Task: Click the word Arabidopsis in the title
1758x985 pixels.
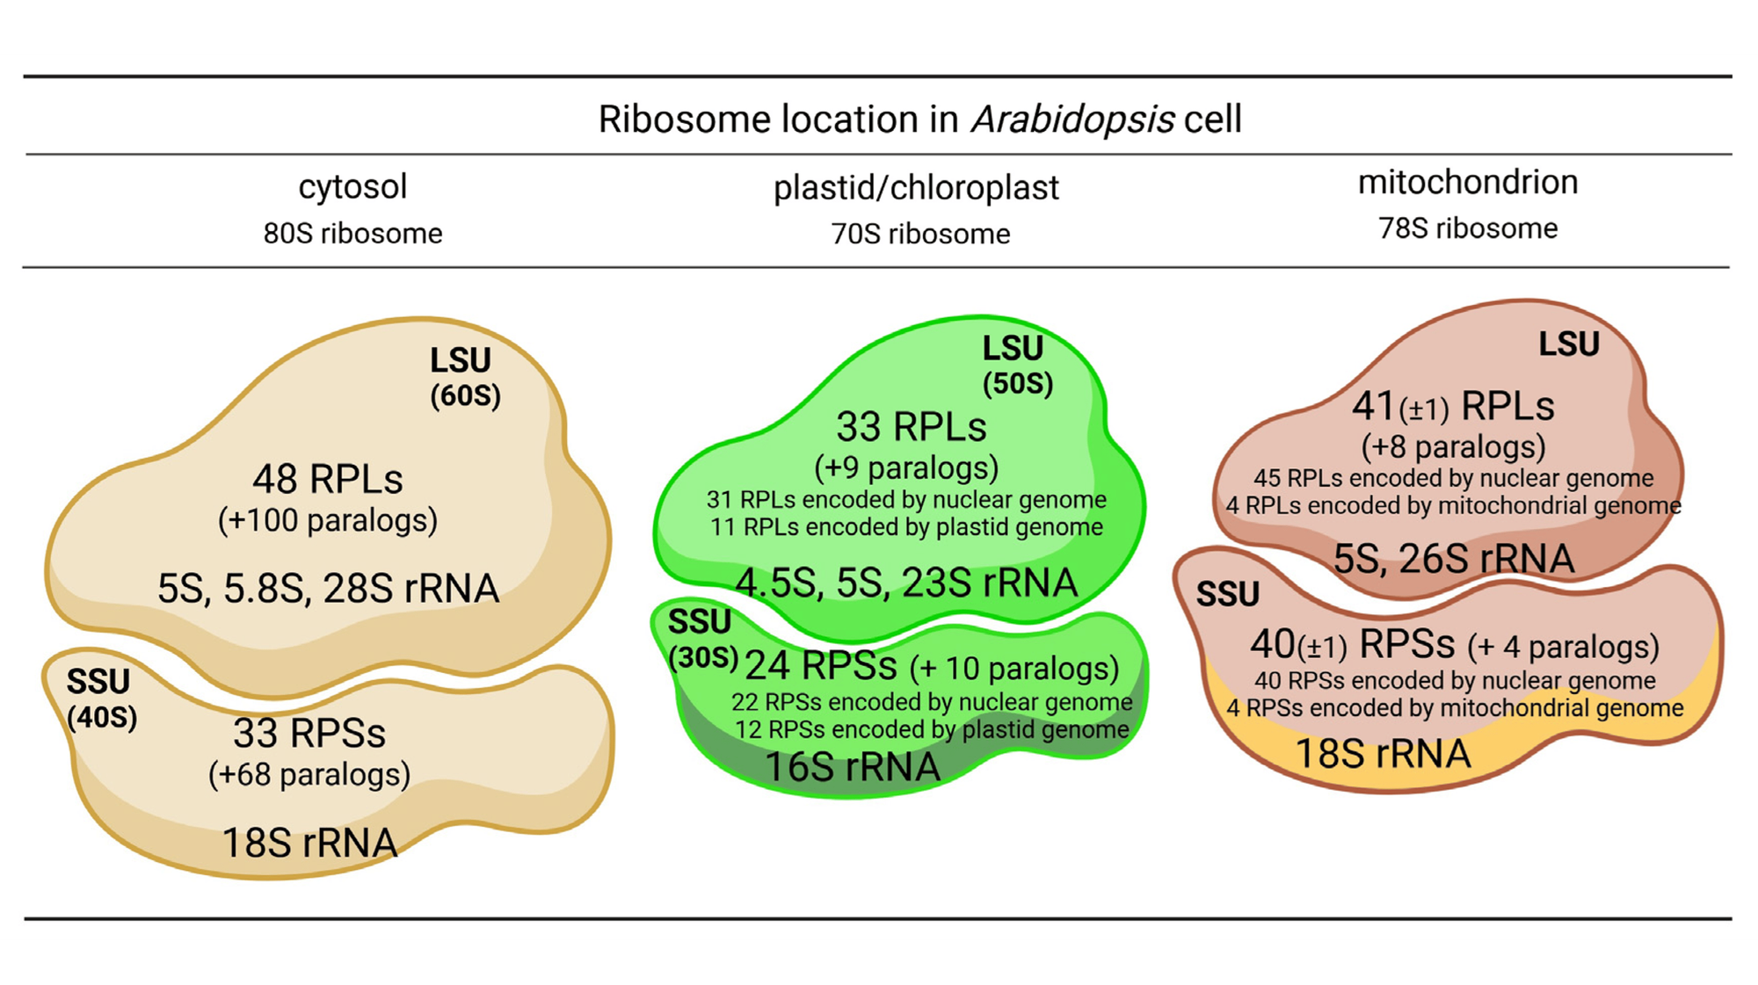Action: pos(1072,120)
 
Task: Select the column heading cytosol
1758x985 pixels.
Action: pos(352,186)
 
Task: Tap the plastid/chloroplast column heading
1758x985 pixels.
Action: pos(916,188)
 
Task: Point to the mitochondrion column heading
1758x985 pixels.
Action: pos(1468,182)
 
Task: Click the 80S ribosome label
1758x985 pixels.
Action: pos(352,234)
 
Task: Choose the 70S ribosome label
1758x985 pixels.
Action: pos(920,235)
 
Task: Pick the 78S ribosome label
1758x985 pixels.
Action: pos(1468,228)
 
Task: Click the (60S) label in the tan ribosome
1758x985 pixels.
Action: pos(465,395)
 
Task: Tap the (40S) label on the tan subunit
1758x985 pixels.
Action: pos(102,718)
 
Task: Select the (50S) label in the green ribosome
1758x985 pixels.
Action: pos(1017,384)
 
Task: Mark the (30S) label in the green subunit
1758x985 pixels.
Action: pos(703,658)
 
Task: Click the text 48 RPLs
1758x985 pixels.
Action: pos(328,480)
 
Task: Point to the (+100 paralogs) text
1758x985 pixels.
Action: pos(328,520)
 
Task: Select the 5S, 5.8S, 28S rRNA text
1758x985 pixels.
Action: pos(328,589)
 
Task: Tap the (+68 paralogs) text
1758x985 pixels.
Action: pos(309,775)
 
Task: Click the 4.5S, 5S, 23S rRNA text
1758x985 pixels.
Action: pos(906,583)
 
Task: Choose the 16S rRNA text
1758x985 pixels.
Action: pos(853,767)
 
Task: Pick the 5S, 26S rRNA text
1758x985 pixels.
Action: pos(1454,559)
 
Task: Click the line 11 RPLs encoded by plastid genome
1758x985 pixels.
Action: pos(906,527)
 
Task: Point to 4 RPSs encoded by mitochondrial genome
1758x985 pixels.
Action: pos(1455,708)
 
